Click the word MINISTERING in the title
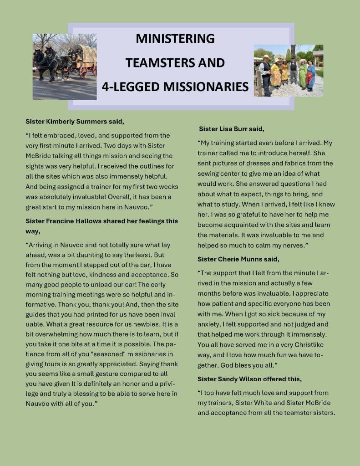175,39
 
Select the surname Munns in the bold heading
254,259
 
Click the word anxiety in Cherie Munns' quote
209,324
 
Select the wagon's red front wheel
83,72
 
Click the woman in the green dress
303,74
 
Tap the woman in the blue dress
311,76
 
